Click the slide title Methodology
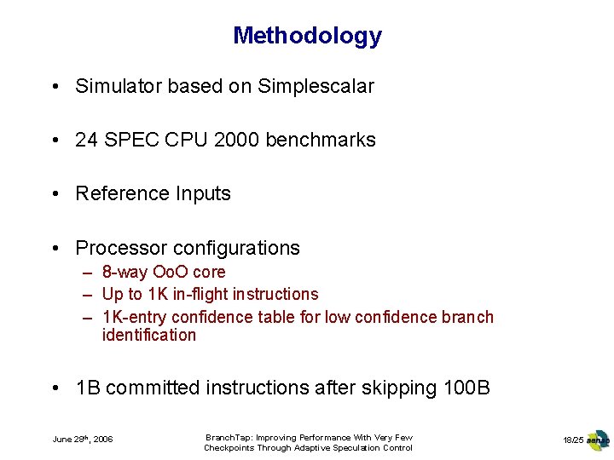click(307, 36)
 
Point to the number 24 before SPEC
click(86, 140)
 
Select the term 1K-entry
click(134, 317)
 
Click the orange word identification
click(149, 335)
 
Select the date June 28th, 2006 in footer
click(83, 440)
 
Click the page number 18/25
click(573, 440)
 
